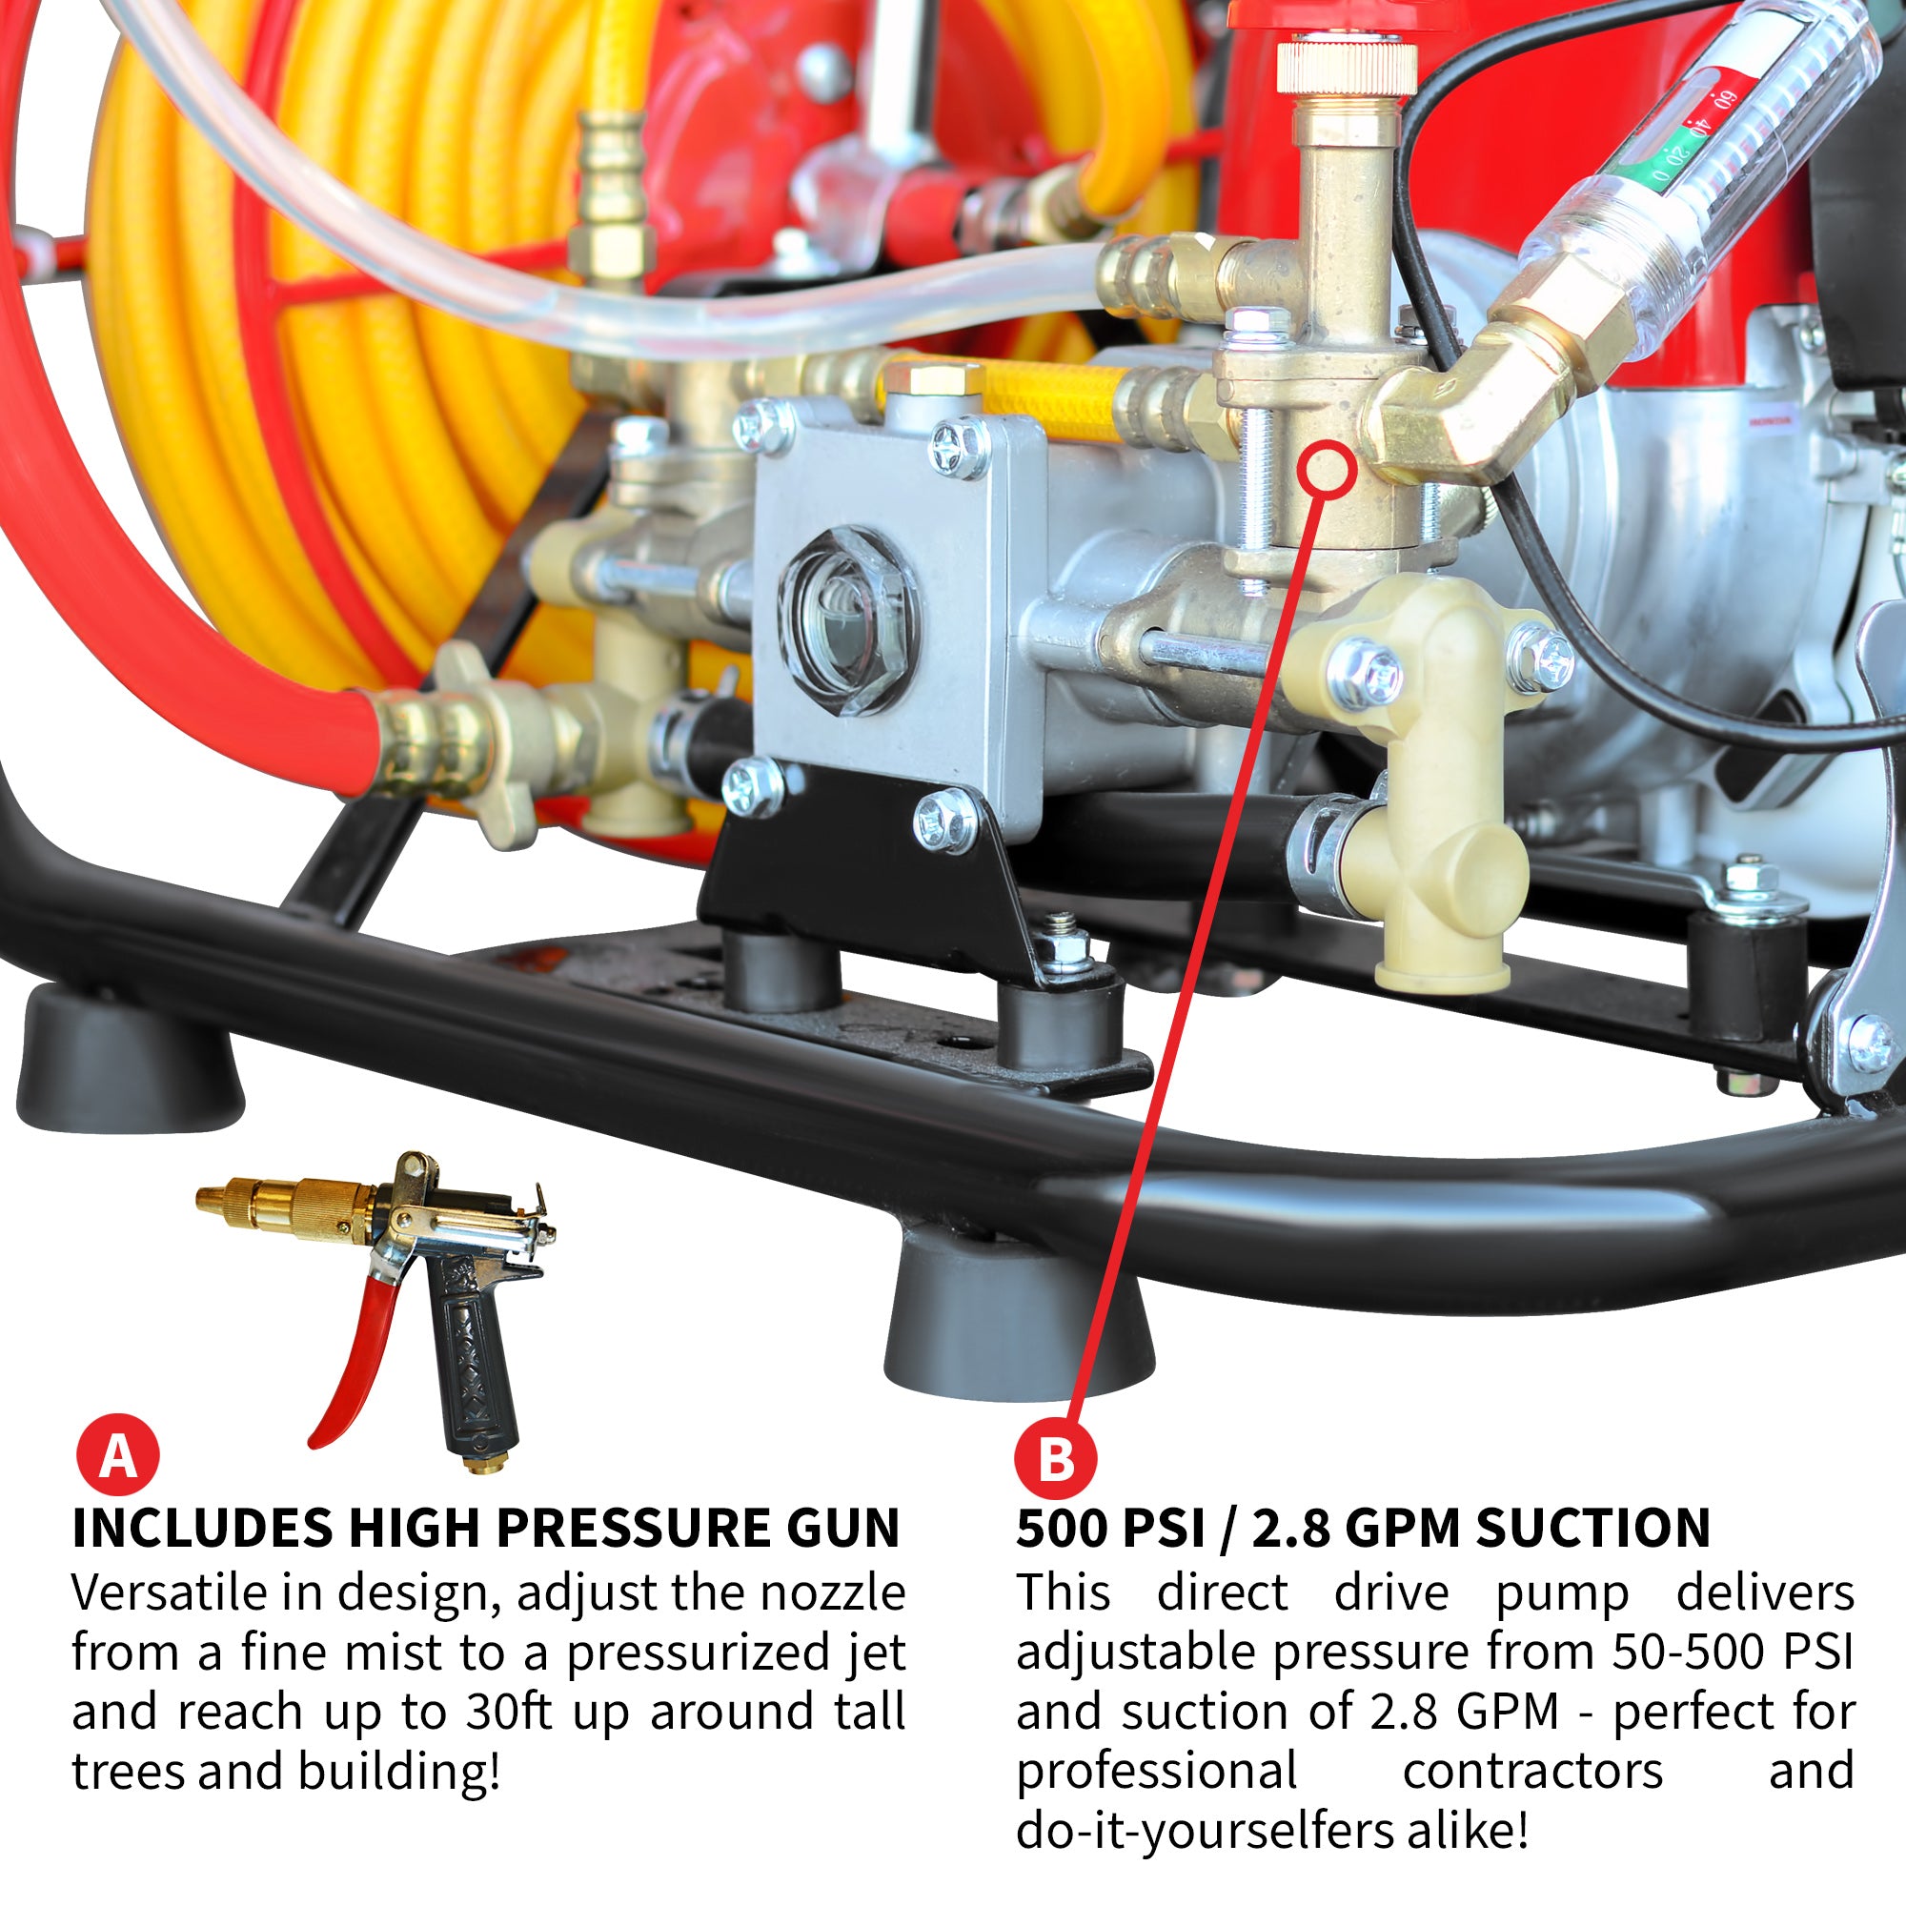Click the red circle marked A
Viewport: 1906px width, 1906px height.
pyautogui.click(x=117, y=1454)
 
